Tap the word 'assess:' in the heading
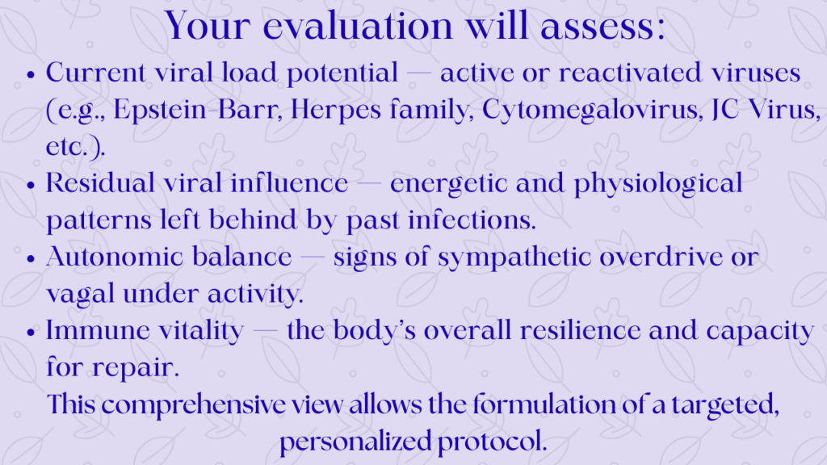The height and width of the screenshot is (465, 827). [602, 27]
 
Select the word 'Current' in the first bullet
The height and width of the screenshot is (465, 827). [95, 72]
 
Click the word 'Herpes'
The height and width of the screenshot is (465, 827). [335, 111]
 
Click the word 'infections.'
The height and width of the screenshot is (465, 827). [472, 220]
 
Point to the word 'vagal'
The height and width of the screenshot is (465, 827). [80, 294]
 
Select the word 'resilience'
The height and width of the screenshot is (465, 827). [580, 330]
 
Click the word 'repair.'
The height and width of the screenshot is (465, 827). [136, 368]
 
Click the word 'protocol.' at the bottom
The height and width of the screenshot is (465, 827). [492, 442]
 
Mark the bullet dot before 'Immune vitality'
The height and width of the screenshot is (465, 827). [31, 333]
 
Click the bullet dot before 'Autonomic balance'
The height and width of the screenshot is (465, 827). [31, 259]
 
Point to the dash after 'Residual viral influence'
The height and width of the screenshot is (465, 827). [368, 184]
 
